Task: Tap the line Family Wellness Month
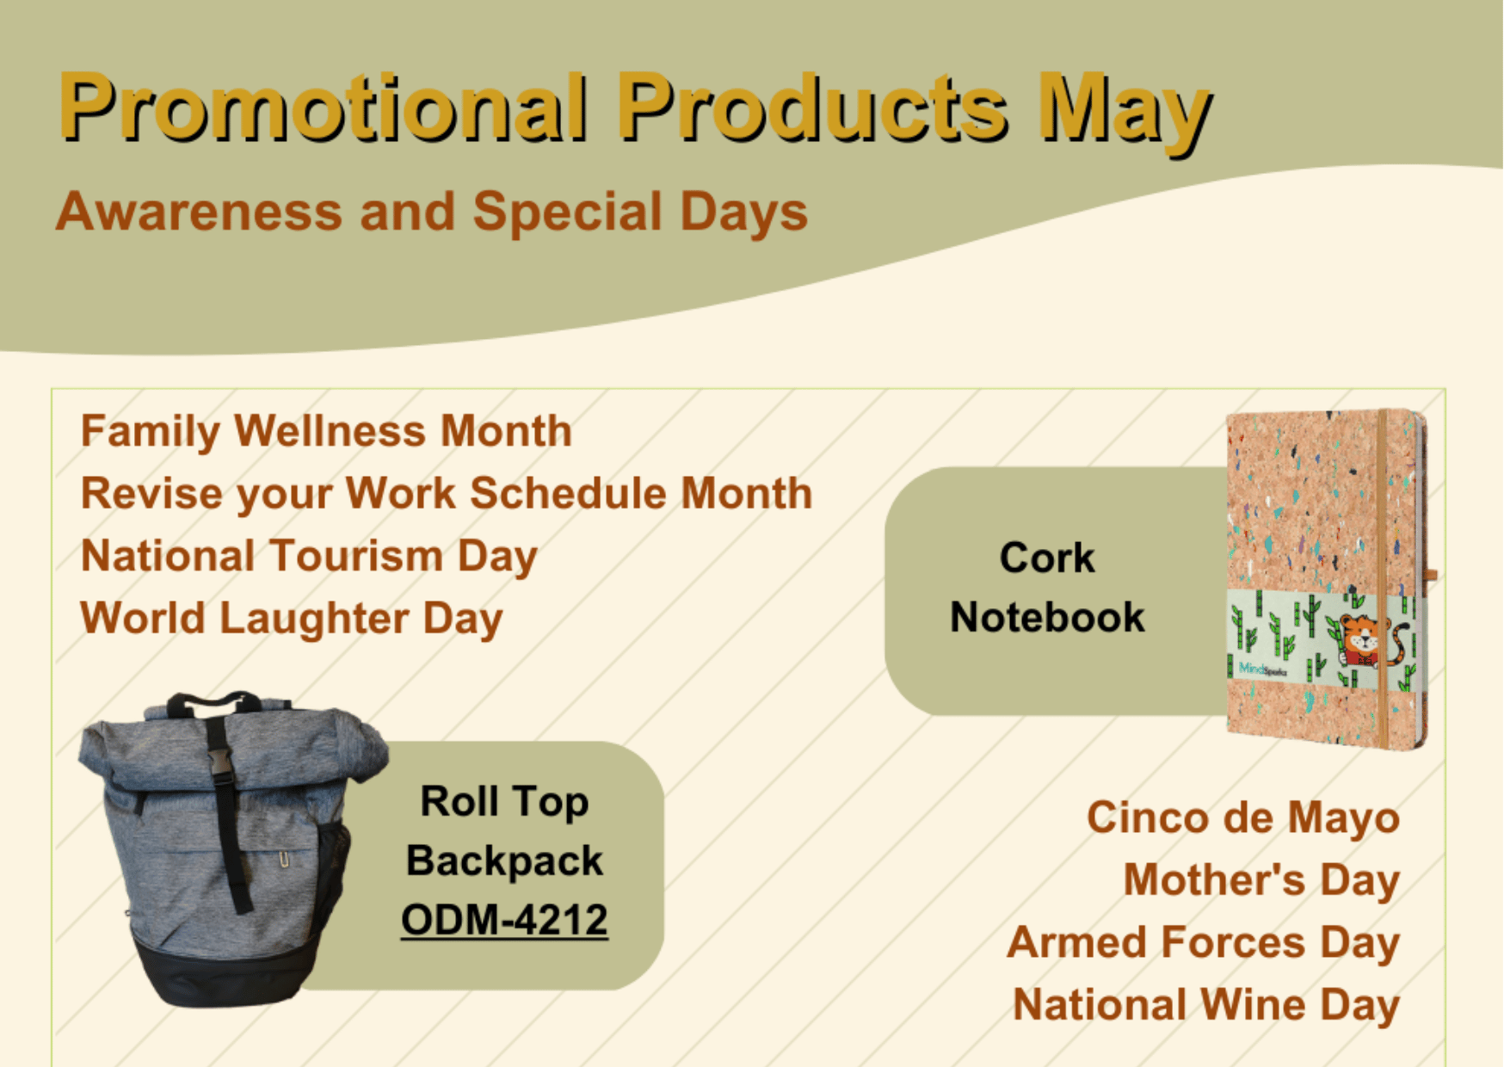tap(326, 431)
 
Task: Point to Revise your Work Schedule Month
tap(447, 494)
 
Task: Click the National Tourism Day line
tap(309, 556)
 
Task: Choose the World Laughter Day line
tap(292, 619)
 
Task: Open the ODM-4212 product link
tap(504, 920)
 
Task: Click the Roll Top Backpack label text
tap(504, 831)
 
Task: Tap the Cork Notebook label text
tap(1047, 588)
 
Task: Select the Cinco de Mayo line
tap(1242, 817)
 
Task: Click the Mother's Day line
tap(1261, 880)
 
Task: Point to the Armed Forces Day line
tap(1203, 943)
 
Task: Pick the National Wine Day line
tap(1206, 1005)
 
